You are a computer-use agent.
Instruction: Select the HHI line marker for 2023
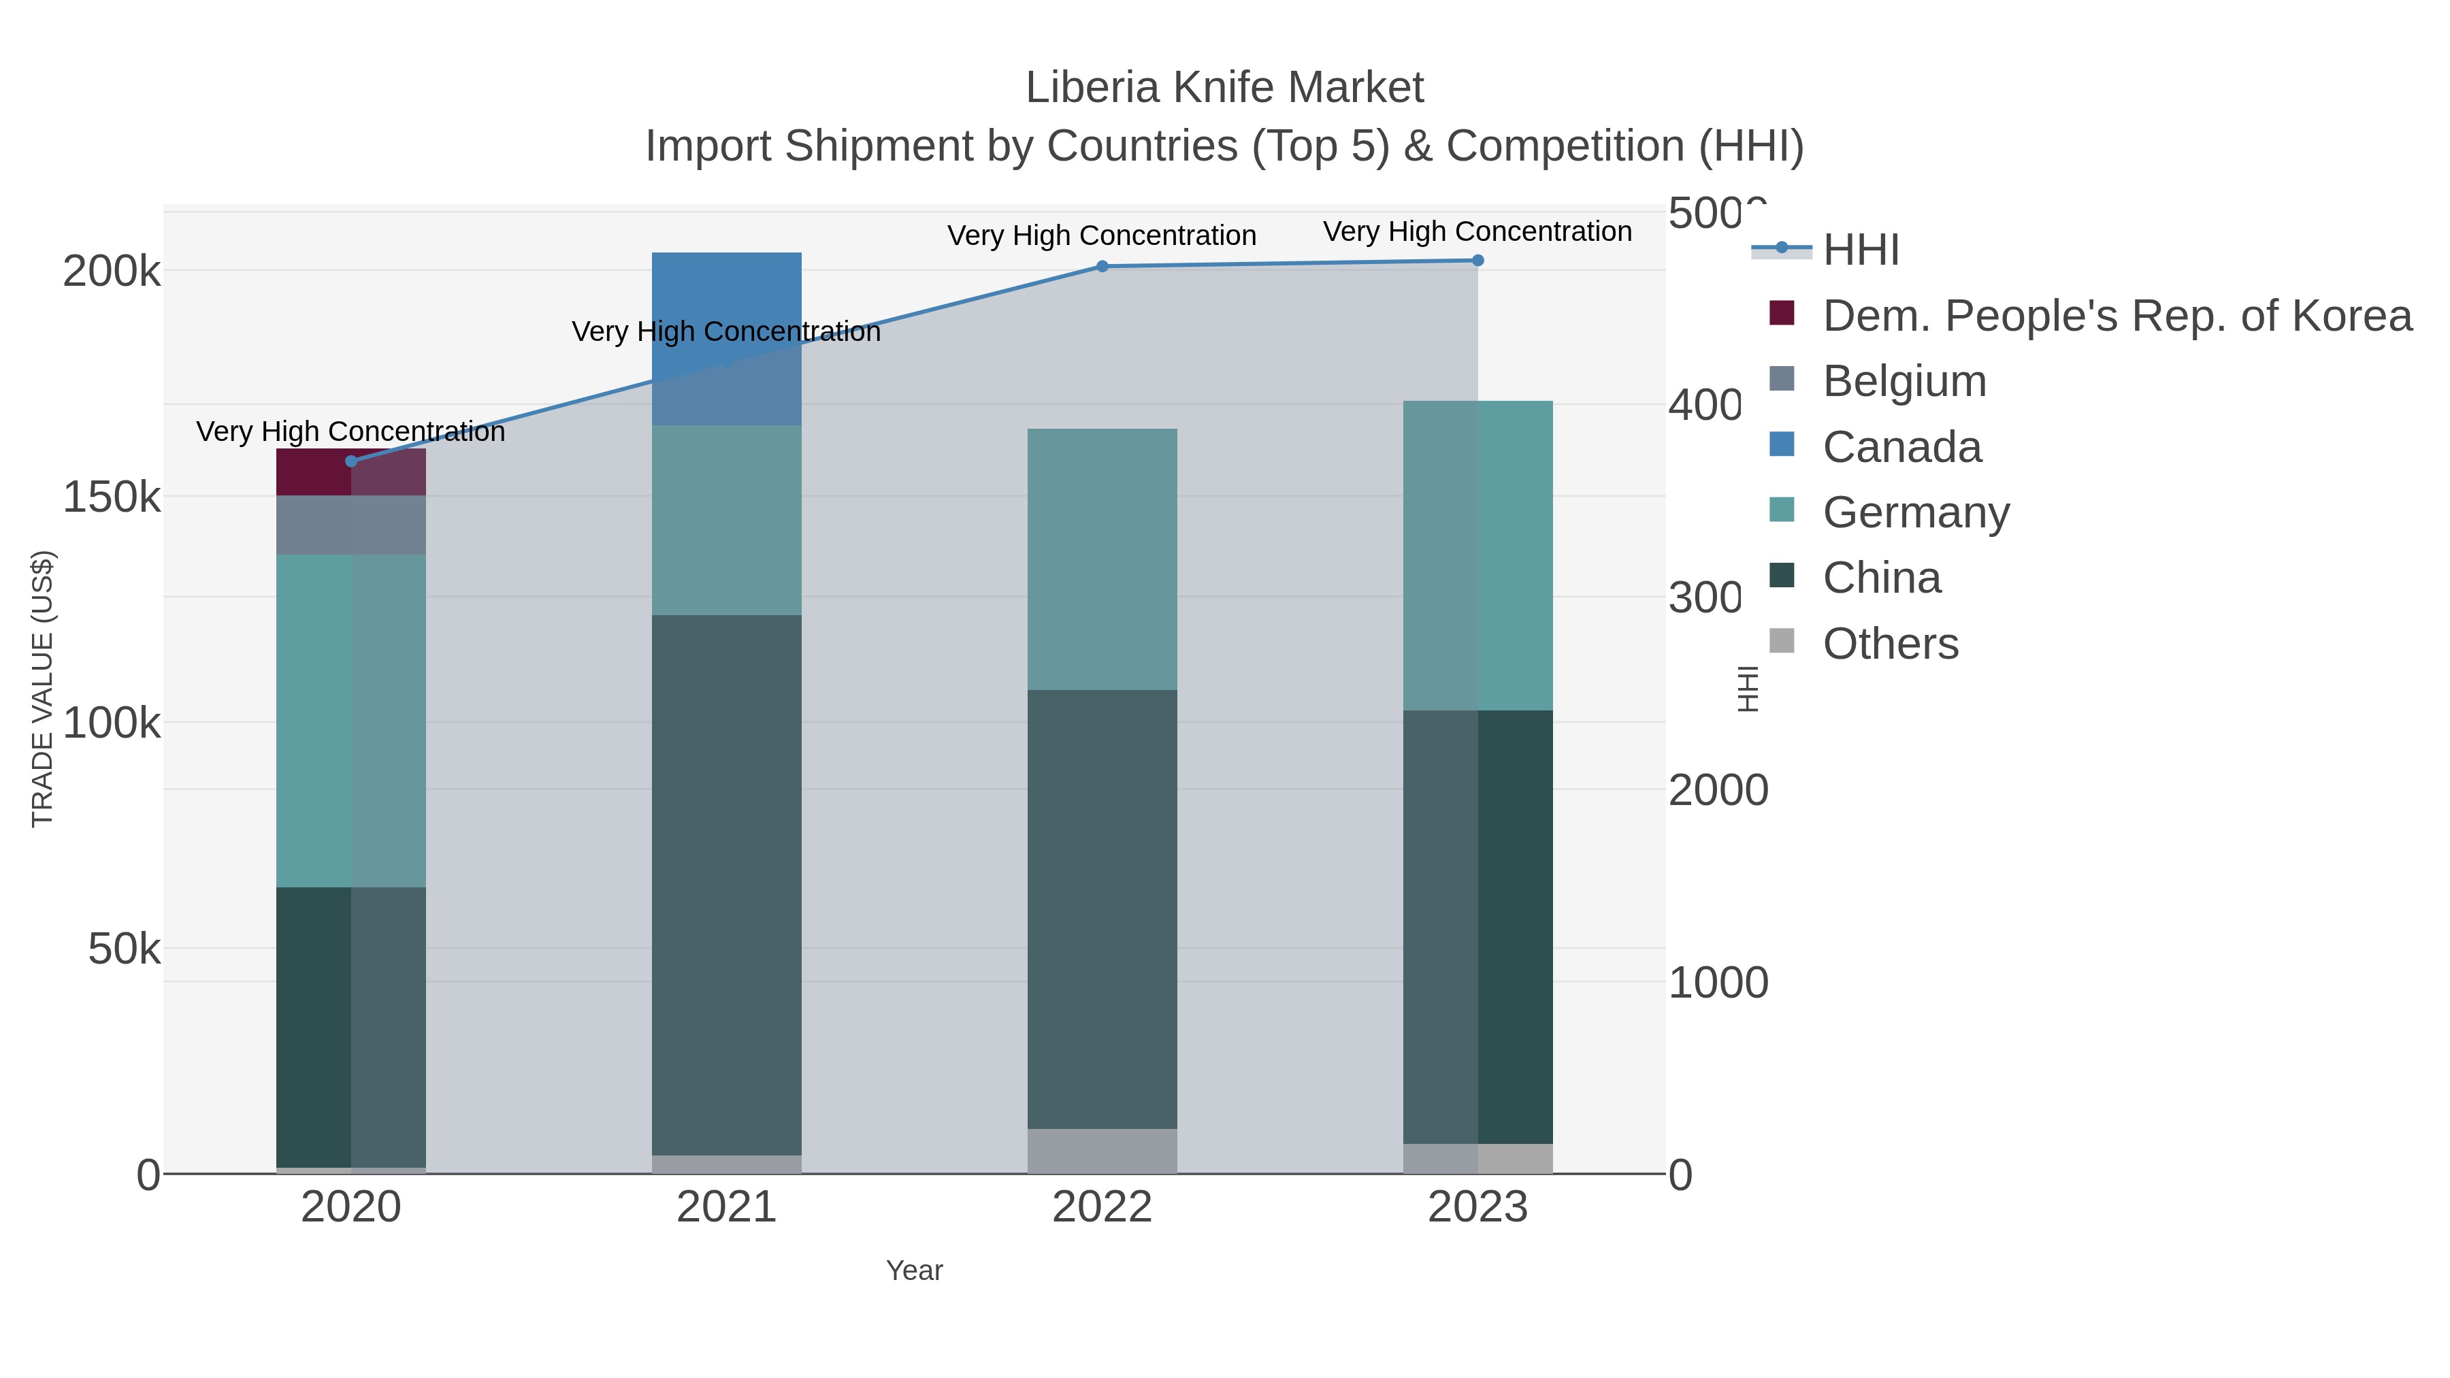(1477, 260)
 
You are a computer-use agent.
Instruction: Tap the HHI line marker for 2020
(351, 461)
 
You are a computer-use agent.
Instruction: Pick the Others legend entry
(1890, 644)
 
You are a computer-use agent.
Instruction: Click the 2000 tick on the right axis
(1718, 790)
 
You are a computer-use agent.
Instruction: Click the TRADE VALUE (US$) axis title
(43, 689)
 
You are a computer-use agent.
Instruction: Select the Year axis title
(914, 1270)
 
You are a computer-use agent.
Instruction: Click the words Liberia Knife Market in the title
(1224, 88)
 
